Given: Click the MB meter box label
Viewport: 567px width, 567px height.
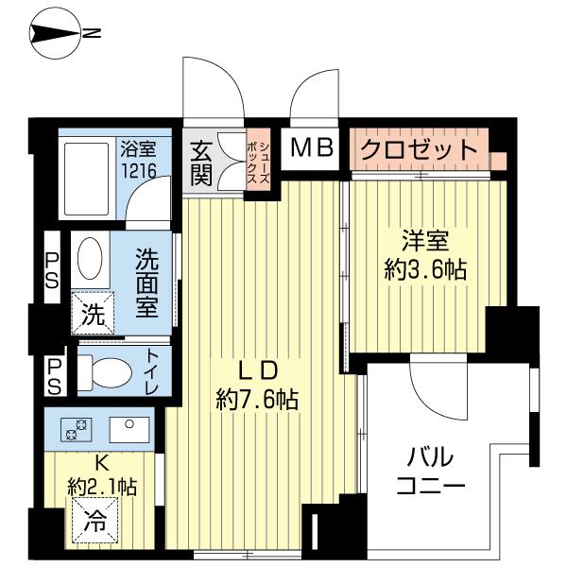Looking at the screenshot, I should (x=311, y=148).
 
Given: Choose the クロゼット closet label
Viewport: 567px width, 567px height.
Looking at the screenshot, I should (x=419, y=149).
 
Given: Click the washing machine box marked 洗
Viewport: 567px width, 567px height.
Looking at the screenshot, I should (x=93, y=312).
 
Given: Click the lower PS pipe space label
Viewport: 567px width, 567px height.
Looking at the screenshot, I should (x=53, y=375).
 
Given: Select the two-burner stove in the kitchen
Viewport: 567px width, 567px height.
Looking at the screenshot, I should (x=76, y=429).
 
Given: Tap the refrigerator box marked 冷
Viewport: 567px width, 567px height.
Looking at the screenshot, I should (x=93, y=518).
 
